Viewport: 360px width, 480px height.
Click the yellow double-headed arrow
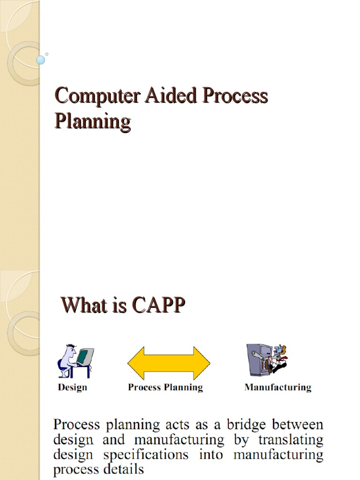point(169,363)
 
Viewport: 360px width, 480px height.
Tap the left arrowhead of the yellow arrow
point(136,363)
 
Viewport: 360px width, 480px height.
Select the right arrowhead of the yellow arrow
point(202,363)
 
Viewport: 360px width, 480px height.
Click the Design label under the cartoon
point(72,387)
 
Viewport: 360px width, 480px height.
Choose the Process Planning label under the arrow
point(165,387)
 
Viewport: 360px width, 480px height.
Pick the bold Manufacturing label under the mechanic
point(277,387)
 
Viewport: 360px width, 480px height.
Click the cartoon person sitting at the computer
point(67,360)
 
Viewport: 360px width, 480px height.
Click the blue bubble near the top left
point(41,60)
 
